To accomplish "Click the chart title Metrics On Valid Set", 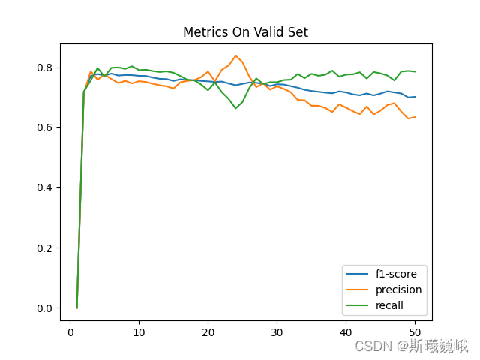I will click(245, 32).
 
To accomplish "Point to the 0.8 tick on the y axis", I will click(45, 67).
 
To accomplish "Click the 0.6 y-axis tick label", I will click(45, 127).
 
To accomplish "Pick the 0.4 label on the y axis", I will click(45, 187).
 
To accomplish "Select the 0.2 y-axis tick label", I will click(45, 248).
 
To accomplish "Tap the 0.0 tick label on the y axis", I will click(45, 308).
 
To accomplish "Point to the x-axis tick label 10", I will click(139, 332).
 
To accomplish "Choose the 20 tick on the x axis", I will click(208, 332).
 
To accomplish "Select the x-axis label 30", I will click(277, 332).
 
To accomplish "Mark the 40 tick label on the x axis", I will click(346, 332).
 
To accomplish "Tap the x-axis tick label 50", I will click(415, 332).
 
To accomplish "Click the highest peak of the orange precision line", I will click(235, 56).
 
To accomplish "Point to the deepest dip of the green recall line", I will click(235, 108).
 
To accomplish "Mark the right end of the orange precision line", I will click(415, 117).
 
